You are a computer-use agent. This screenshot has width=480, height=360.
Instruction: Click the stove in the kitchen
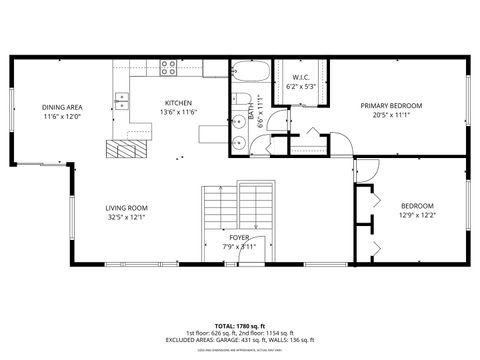tap(168, 68)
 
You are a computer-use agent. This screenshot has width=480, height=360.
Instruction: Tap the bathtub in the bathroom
tap(247, 73)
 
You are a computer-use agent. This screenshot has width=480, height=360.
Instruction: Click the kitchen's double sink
tap(121, 100)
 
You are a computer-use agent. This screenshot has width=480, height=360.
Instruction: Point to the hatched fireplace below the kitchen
tap(126, 149)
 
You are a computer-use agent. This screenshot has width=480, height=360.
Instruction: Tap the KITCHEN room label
tap(178, 103)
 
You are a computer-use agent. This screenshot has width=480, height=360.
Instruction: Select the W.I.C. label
tap(301, 77)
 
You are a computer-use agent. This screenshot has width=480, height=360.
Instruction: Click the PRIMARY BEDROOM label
tap(391, 105)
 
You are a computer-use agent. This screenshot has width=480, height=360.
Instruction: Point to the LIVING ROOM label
tap(127, 208)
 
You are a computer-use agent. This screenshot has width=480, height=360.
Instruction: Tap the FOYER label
tap(238, 237)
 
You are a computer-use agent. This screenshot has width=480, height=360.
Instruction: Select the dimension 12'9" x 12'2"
tap(417, 215)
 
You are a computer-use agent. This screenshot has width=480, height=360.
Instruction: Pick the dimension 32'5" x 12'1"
tap(127, 217)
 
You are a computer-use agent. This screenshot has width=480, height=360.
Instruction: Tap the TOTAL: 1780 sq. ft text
tap(239, 326)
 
